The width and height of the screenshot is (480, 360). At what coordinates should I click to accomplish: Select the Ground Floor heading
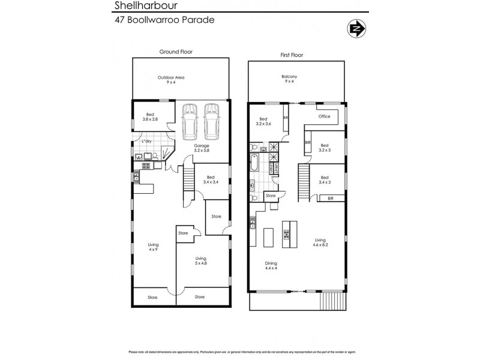(176, 52)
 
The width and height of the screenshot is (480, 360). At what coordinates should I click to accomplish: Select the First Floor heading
(292, 55)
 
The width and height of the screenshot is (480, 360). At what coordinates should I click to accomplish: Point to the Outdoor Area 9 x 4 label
(171, 80)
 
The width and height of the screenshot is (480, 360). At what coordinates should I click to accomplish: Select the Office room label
(325, 116)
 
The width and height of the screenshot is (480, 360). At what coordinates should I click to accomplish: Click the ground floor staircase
(190, 181)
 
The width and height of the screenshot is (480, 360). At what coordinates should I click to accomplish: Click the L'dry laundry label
(146, 142)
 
